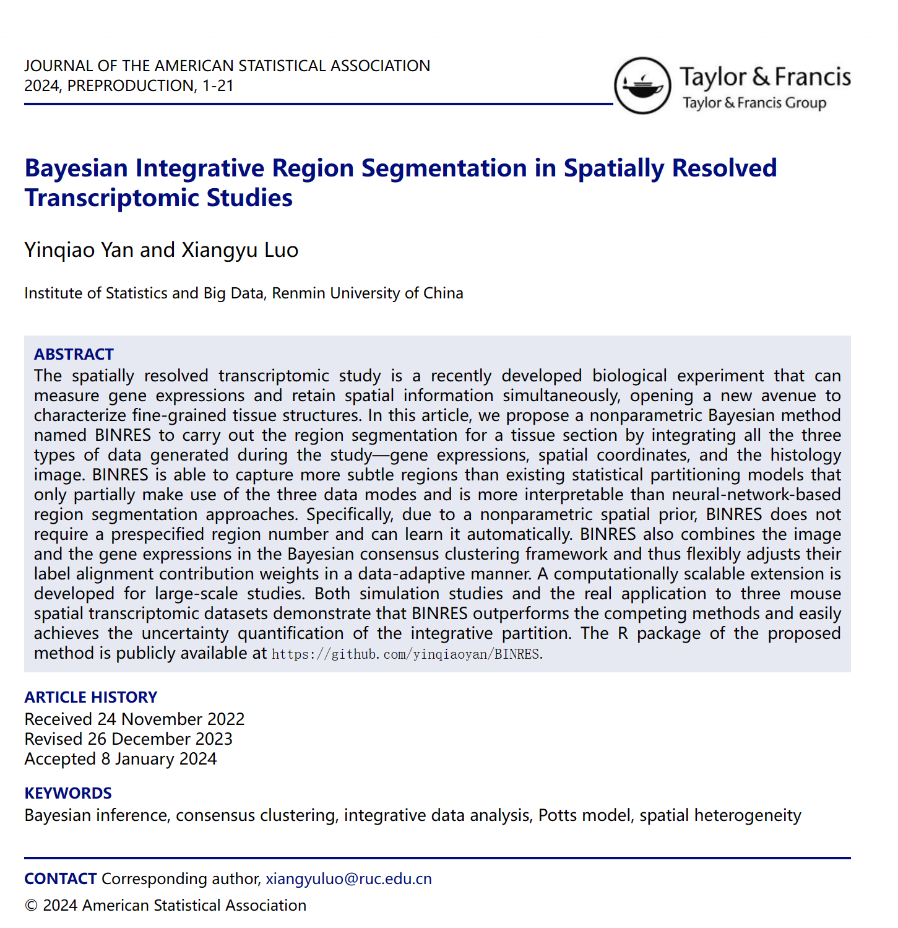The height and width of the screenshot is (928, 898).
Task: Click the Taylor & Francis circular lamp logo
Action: click(642, 85)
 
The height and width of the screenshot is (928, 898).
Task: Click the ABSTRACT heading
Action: click(74, 354)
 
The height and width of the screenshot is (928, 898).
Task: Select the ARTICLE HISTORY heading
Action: click(90, 697)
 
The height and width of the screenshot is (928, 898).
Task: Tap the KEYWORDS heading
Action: click(68, 793)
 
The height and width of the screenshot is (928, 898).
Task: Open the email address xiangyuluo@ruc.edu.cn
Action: click(348, 878)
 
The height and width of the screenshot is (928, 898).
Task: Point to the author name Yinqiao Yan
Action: click(69, 250)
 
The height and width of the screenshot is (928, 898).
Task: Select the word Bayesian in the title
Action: click(76, 168)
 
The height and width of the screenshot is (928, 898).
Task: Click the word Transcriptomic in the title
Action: click(111, 198)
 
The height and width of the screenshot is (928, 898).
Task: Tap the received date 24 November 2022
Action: click(171, 719)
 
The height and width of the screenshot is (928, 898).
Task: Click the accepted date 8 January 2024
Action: click(159, 758)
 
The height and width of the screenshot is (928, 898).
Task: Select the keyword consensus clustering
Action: click(257, 815)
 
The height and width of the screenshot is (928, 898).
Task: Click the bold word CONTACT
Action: click(60, 878)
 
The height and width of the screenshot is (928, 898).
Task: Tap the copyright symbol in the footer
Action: click(31, 905)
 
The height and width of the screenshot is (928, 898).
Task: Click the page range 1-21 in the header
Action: click(217, 85)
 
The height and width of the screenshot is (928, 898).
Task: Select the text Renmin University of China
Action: click(368, 293)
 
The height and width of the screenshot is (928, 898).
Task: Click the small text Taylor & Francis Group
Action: click(754, 103)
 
